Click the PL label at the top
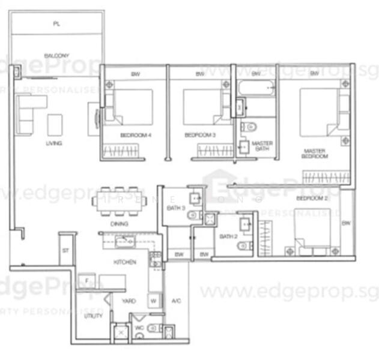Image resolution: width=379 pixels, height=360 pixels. tap(56, 23)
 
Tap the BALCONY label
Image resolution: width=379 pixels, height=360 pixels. tap(56, 56)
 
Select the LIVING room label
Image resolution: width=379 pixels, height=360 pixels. tap(54, 143)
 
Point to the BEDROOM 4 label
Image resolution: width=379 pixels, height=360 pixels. tap(135, 136)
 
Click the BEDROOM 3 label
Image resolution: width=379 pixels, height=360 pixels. tap(200, 136)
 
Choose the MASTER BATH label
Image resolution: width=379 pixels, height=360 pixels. tap(262, 146)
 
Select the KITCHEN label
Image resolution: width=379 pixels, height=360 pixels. tap(125, 262)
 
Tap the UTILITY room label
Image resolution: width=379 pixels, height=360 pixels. tap(92, 316)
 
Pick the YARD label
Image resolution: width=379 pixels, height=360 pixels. tap(128, 301)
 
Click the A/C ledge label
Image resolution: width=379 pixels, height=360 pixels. tap(177, 301)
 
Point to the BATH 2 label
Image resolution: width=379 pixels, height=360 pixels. tap(228, 237)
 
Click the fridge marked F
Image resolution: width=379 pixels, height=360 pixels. tap(87, 281)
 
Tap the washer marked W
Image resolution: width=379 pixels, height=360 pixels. tap(153, 300)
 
